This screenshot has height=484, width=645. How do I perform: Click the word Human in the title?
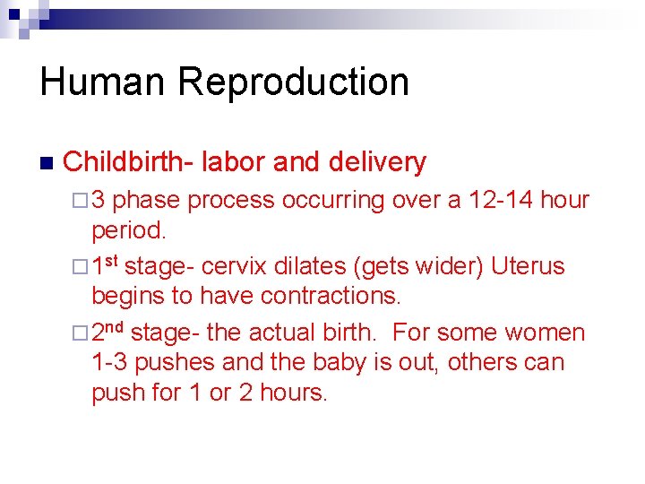[102, 82]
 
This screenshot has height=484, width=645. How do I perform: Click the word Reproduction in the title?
[293, 82]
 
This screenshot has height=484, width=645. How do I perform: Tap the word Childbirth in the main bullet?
[127, 162]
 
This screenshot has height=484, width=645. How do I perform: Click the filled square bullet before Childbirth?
[46, 164]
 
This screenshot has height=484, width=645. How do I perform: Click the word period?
[129, 230]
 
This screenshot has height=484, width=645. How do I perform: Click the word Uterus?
[528, 267]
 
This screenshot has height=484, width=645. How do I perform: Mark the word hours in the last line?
[293, 393]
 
